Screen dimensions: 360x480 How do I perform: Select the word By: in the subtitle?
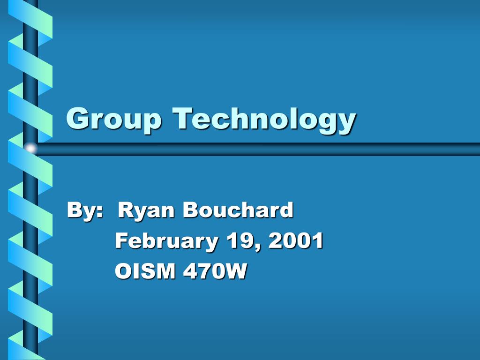[x=85, y=210]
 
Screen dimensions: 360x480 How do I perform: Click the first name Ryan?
[x=147, y=210]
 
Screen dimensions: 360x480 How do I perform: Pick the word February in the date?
[x=166, y=241]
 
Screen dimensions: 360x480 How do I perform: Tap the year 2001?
[x=296, y=240]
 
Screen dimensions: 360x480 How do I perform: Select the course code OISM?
[x=145, y=271]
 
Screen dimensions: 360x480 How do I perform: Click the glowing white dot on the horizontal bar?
[x=31, y=149]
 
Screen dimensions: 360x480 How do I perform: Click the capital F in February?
[x=121, y=240]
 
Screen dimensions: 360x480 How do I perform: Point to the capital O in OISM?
[x=122, y=271]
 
